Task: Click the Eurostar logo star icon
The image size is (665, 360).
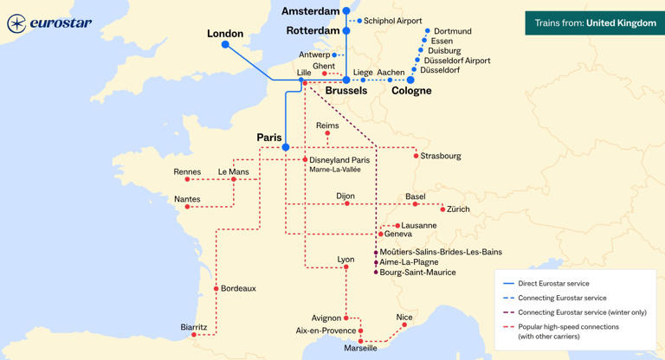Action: point(16,23)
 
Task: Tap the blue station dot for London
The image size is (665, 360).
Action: point(225,44)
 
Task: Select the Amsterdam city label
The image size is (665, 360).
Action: point(311,11)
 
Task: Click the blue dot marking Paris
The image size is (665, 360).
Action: point(285,147)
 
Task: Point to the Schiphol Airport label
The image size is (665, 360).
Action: point(392,21)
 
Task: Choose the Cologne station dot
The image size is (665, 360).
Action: point(410,80)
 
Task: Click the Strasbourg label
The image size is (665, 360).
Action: point(441,157)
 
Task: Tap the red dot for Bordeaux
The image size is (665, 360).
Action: point(216,288)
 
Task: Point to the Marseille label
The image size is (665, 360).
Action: point(360,349)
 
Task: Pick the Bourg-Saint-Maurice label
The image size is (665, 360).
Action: point(417,273)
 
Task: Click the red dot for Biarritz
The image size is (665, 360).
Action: point(194,335)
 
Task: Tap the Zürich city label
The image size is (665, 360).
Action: point(458,209)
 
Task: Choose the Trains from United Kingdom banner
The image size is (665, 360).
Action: point(595,23)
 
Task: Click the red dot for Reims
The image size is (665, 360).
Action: point(327,133)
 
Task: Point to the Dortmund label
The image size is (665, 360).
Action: point(452,31)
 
